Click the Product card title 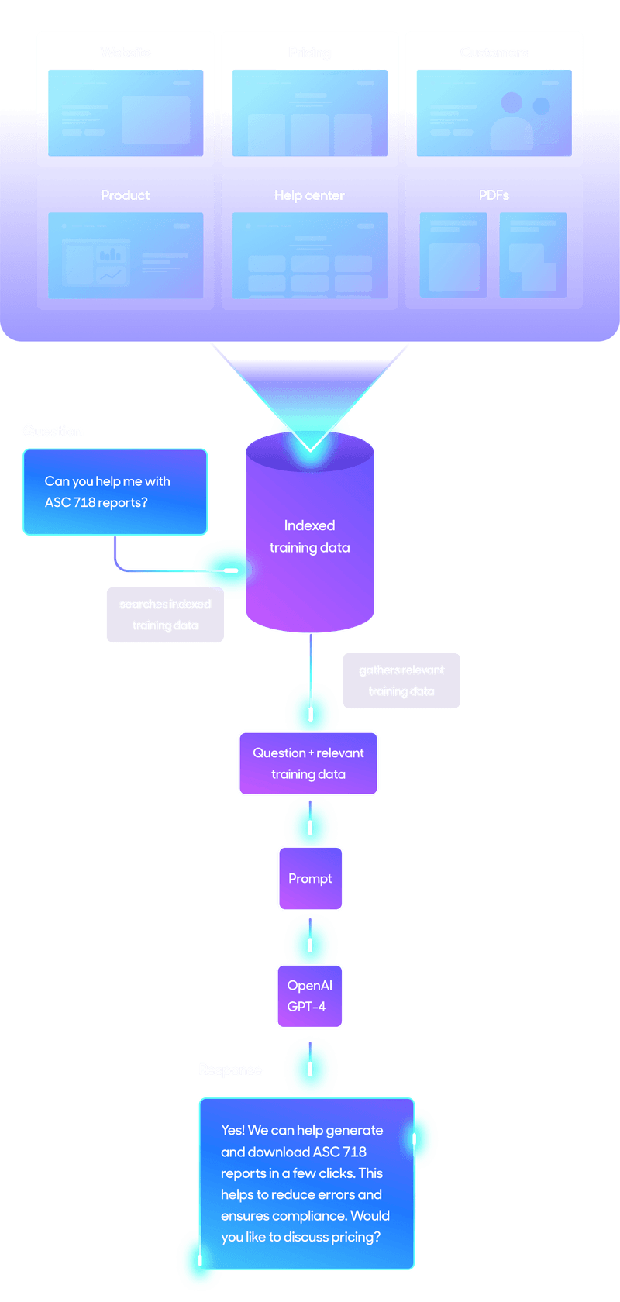125,195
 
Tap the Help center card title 309,195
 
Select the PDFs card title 494,195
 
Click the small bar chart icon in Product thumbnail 110,254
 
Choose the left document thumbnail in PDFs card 453,256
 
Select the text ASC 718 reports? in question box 96,502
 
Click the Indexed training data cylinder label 309,536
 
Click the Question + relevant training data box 308,763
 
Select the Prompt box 310,878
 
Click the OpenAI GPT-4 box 309,996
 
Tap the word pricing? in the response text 356,1237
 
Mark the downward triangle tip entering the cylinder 310,449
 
